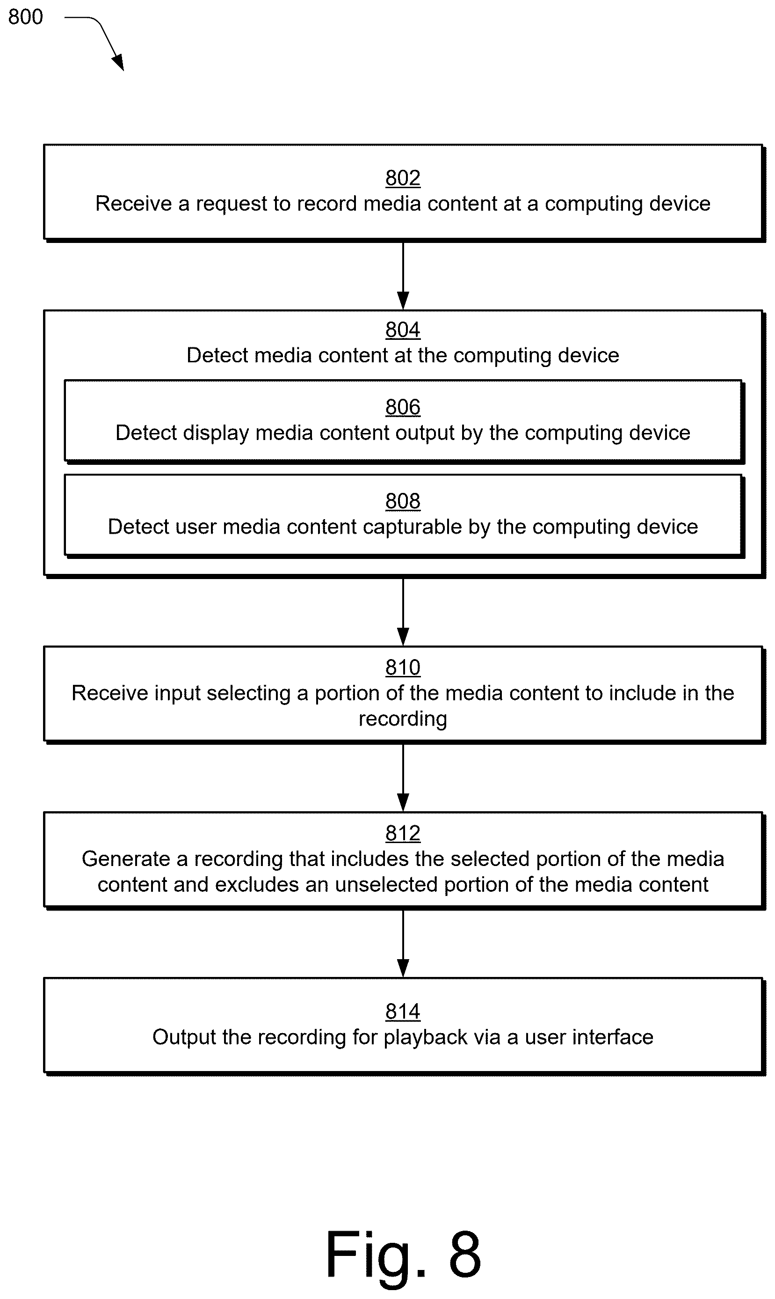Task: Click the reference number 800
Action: tap(26, 17)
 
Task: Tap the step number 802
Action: tap(403, 178)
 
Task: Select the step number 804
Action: tap(403, 330)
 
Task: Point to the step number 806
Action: tap(403, 407)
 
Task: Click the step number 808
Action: tap(403, 501)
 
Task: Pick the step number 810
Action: tap(403, 667)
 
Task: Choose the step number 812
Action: tap(403, 833)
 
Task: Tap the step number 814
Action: tap(403, 1012)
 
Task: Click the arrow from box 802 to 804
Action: tap(403, 275)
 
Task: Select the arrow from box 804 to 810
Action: tap(403, 611)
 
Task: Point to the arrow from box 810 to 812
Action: tap(403, 777)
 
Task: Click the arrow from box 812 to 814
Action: tap(403, 943)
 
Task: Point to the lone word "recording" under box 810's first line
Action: tap(403, 719)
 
